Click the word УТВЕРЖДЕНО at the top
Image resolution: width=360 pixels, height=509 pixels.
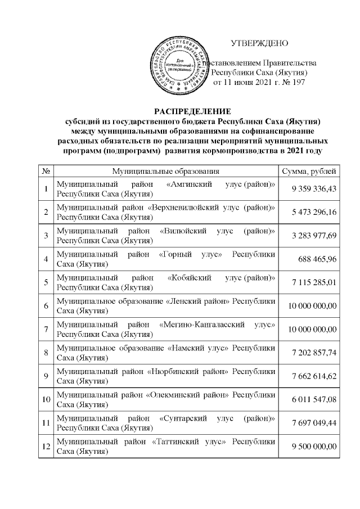point(260,43)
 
